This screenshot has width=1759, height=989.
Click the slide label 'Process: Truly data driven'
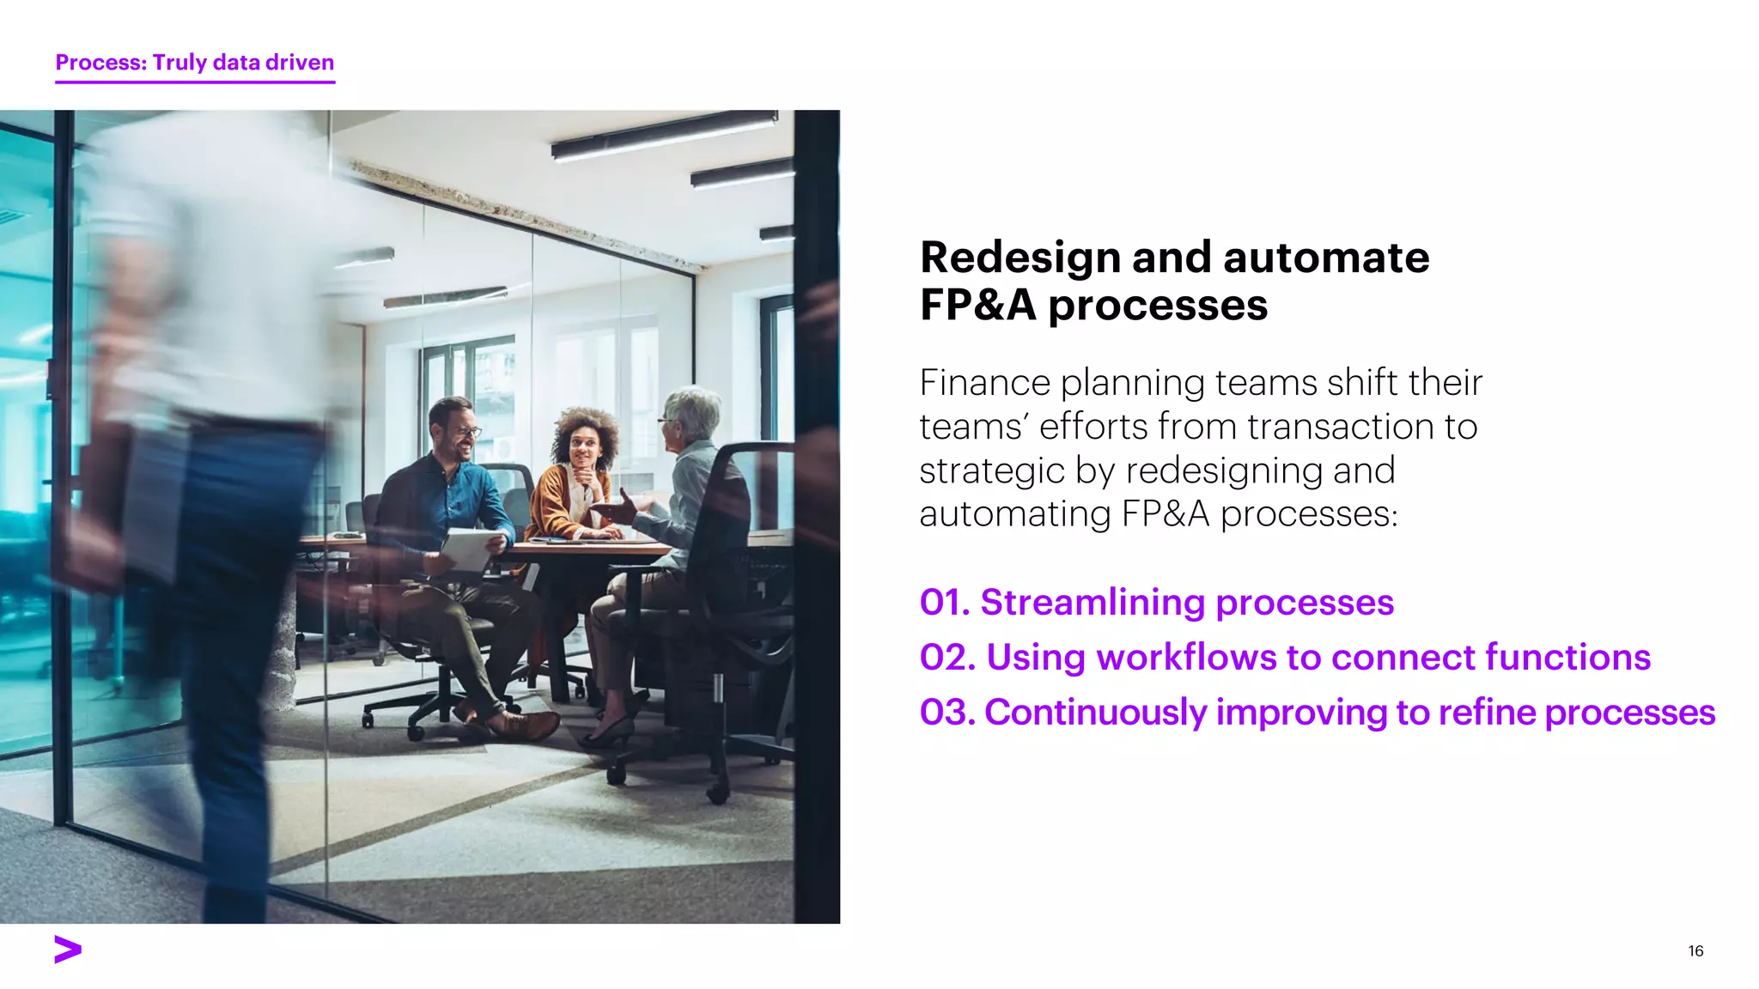click(195, 63)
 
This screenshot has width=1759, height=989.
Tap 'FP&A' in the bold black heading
click(977, 306)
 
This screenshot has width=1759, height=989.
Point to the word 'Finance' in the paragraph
click(984, 383)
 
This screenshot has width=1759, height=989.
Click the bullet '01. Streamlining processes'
click(1156, 603)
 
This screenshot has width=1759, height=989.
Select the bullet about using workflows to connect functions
click(1284, 658)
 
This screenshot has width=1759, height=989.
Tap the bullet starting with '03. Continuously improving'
click(1317, 713)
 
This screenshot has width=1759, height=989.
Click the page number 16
click(1695, 950)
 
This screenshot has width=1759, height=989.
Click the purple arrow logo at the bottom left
click(68, 950)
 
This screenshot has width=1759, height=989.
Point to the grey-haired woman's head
click(691, 416)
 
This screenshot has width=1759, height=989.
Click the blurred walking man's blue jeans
click(232, 601)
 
